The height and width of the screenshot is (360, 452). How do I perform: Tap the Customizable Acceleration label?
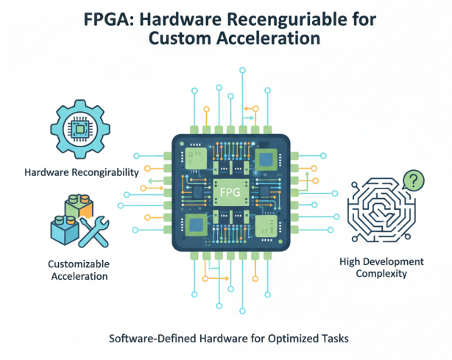(x=78, y=269)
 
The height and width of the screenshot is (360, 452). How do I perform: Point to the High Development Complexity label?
(x=381, y=267)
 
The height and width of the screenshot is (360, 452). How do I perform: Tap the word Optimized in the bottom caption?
(x=284, y=339)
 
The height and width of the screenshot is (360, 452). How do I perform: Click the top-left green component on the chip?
(x=195, y=156)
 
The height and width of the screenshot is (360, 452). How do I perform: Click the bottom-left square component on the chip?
(x=196, y=226)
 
